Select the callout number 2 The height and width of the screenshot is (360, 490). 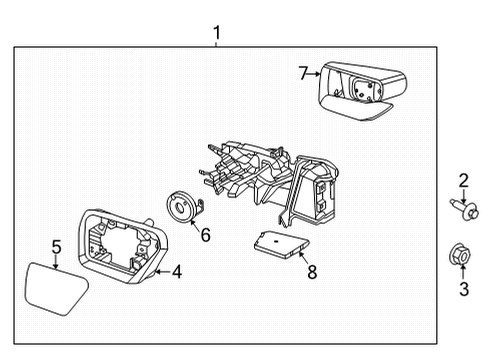(x=463, y=181)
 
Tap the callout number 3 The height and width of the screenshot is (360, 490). (x=463, y=290)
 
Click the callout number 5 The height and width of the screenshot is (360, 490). (x=57, y=245)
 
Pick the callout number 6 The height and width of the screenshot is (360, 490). (x=205, y=235)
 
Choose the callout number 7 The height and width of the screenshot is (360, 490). (x=303, y=72)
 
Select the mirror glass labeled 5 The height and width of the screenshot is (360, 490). (x=53, y=286)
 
